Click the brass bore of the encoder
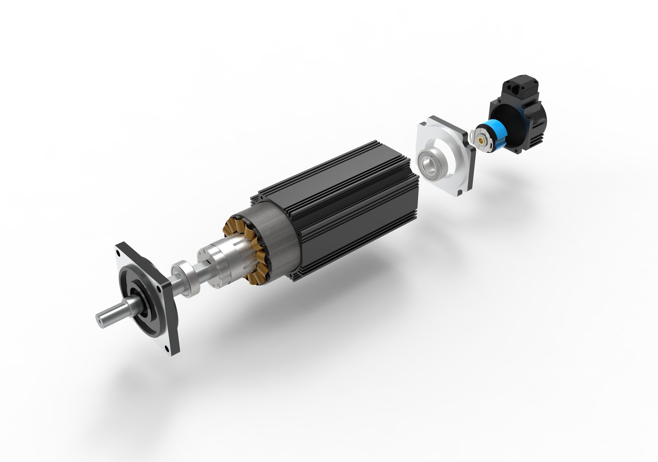coord(481,140)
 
